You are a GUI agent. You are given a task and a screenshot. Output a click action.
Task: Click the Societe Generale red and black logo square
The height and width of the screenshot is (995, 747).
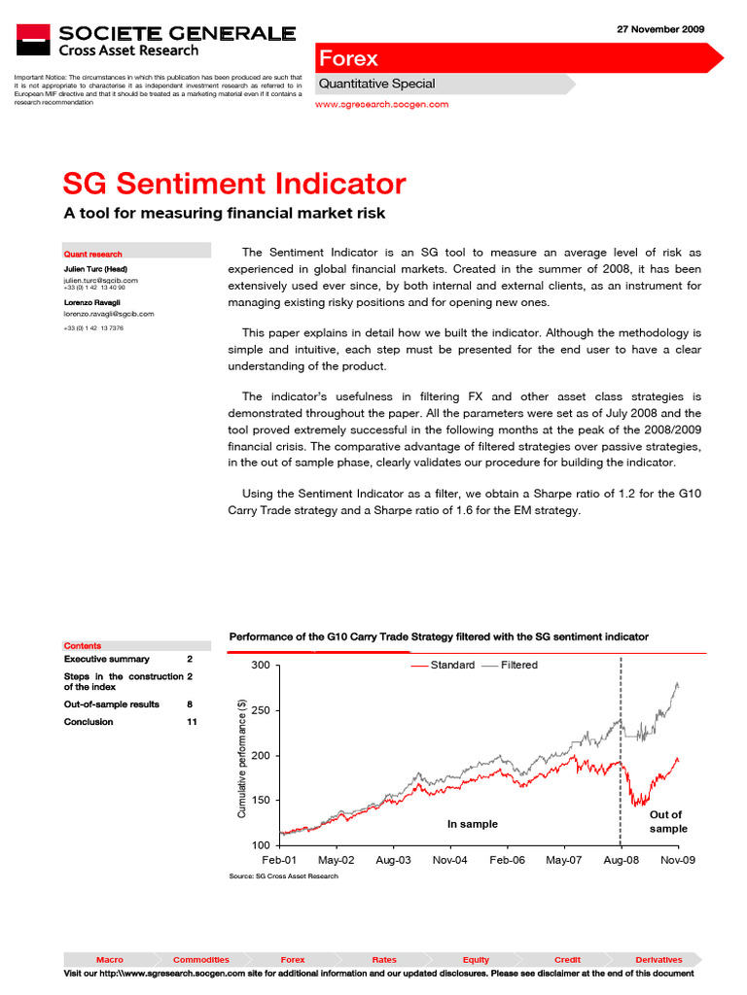(33, 40)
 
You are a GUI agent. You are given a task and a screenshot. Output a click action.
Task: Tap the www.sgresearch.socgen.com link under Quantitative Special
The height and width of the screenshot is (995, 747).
(383, 104)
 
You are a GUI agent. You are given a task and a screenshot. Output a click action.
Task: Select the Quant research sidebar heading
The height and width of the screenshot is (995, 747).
(93, 254)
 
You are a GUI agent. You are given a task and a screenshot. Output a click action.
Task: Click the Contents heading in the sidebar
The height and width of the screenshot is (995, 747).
(83, 645)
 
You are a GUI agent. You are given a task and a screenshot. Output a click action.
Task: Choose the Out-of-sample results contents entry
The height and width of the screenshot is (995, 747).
(111, 703)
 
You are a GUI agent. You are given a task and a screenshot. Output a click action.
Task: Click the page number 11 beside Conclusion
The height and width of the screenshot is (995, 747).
(191, 722)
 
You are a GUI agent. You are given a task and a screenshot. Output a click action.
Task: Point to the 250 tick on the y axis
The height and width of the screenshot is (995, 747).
(261, 710)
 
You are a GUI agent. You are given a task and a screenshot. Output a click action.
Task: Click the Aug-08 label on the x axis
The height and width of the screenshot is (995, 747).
(621, 860)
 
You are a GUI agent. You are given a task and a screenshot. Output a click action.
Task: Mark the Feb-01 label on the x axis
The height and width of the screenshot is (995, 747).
(279, 860)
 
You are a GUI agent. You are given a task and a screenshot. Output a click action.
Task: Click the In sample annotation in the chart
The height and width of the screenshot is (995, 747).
(472, 824)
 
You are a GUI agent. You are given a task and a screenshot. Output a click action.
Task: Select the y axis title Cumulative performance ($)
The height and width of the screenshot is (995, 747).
(242, 755)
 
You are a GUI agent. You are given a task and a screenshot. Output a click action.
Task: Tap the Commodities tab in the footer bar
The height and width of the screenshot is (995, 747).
(200, 959)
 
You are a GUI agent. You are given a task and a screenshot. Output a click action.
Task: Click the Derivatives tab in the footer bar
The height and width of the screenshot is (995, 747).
(658, 959)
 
